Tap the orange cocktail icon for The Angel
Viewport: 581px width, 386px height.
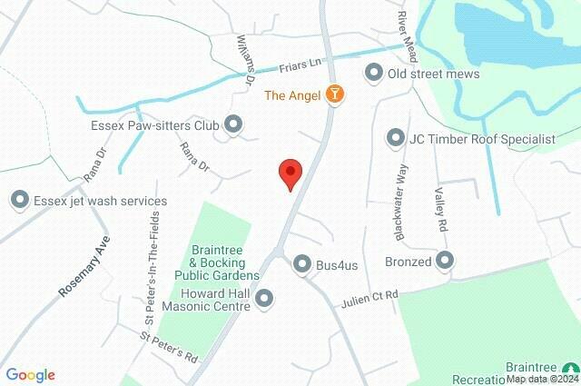tap(336, 94)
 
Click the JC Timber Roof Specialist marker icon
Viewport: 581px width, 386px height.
tap(395, 139)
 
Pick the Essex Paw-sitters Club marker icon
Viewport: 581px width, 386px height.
tap(233, 124)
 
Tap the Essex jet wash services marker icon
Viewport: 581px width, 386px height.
tap(19, 200)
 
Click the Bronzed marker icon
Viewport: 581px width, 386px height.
tap(445, 262)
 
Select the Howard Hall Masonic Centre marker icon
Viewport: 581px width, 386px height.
tap(264, 298)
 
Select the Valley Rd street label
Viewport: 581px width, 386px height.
tap(440, 210)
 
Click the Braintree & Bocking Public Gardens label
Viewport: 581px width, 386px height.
tap(225, 262)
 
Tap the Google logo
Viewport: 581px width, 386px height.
tap(30, 375)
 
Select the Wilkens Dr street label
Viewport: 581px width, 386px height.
tap(243, 59)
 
